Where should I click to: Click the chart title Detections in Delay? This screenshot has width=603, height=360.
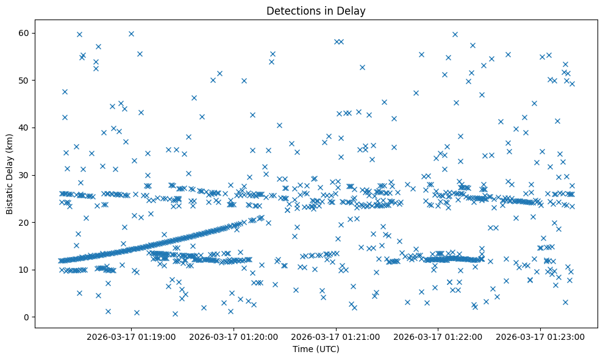pyautogui.click(x=316, y=10)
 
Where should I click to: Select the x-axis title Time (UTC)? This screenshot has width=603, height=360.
pyautogui.click(x=316, y=350)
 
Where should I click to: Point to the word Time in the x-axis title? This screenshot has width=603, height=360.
pyautogui.click(x=303, y=350)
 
